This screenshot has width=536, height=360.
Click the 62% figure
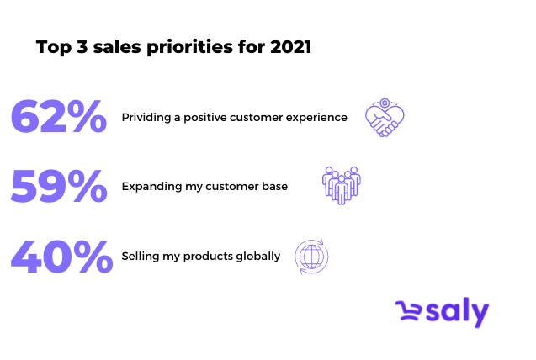tap(59, 116)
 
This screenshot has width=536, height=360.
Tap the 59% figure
tap(59, 186)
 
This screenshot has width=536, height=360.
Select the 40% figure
tap(61, 257)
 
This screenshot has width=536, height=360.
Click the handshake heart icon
tap(385, 118)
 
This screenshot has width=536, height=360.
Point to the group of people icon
tap(341, 185)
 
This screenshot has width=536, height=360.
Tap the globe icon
tap(311, 257)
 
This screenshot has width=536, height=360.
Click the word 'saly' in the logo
tap(458, 311)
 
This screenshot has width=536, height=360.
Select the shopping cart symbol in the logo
tap(408, 310)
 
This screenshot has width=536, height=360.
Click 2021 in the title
tap(290, 47)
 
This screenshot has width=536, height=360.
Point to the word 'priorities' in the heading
tap(189, 47)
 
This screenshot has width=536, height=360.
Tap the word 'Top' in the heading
tap(54, 47)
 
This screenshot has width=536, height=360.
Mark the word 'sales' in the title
tap(117, 47)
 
